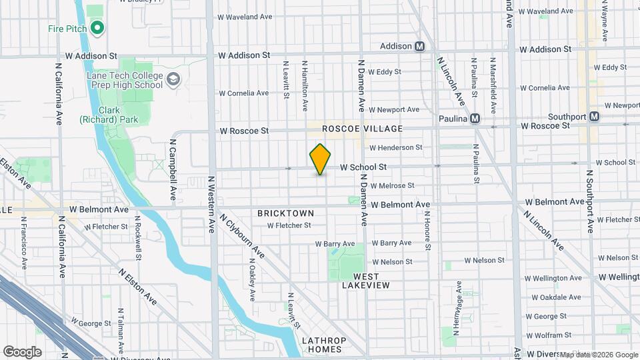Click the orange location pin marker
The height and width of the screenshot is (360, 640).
tap(321, 159)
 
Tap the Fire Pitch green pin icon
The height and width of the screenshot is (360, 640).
tap(97, 28)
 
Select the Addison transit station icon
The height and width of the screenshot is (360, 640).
tap(420, 47)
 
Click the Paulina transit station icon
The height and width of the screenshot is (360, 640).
tap(475, 119)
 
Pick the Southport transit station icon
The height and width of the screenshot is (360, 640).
tap(594, 117)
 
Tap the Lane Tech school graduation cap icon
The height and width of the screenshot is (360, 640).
tap(173, 80)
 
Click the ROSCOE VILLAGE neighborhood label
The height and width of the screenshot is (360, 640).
tap(362, 128)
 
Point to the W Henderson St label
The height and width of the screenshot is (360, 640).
tap(396, 147)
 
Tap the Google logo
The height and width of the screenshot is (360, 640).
tap(21, 351)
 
